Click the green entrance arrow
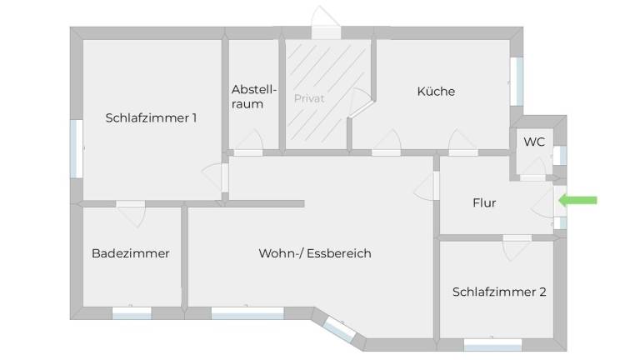(x=577, y=200)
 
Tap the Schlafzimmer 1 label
(x=151, y=118)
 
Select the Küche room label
(x=436, y=91)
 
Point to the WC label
(x=534, y=142)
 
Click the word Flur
(x=484, y=202)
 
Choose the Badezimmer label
(x=131, y=253)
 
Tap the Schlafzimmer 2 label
(x=499, y=292)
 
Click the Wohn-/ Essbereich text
(x=315, y=253)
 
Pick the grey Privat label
(x=309, y=98)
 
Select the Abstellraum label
(x=254, y=97)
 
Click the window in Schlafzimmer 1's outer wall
(x=77, y=148)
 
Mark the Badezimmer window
(x=132, y=313)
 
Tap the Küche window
(x=517, y=82)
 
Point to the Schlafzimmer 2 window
(x=493, y=345)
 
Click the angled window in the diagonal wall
(x=340, y=329)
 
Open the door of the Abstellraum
(x=248, y=143)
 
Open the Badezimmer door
(x=131, y=212)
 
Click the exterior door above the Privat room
(x=326, y=23)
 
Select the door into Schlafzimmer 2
(x=517, y=247)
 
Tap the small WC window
(x=560, y=155)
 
